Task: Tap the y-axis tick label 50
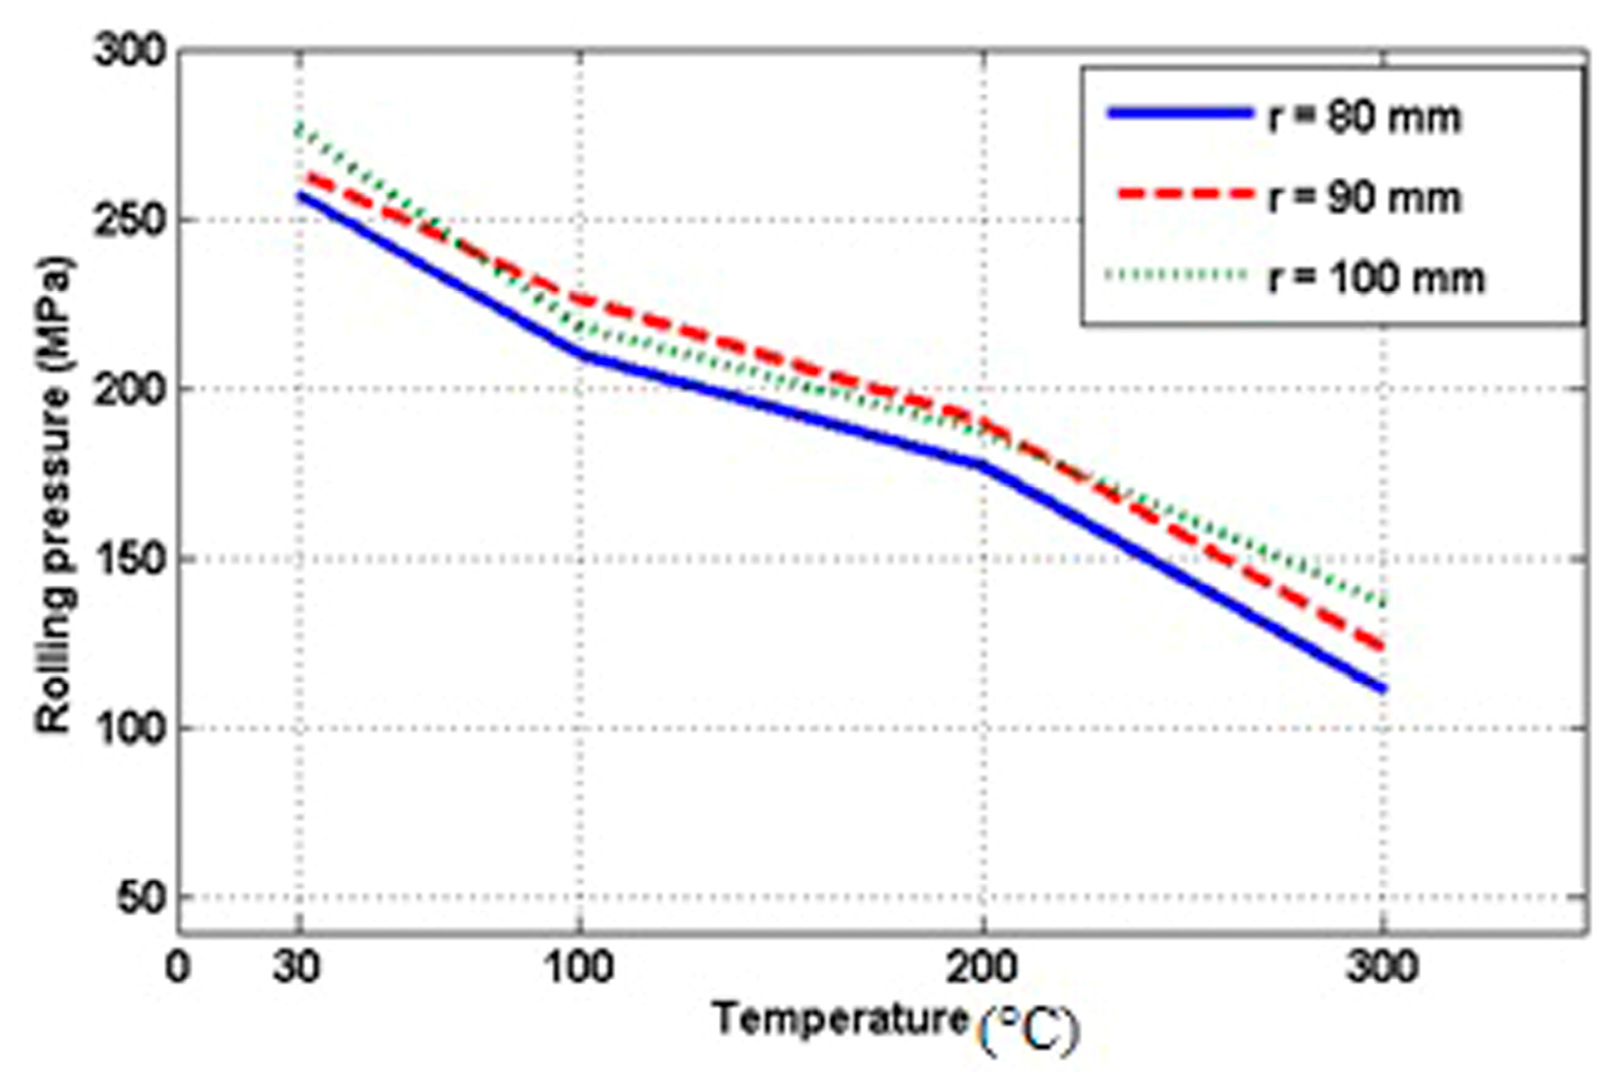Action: [142, 897]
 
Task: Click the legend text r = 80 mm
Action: [1364, 118]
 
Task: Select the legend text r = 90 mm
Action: [1364, 198]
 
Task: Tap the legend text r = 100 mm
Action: [1376, 278]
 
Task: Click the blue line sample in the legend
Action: [1180, 114]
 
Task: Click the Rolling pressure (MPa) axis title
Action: [55, 495]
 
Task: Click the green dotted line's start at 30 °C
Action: [300, 128]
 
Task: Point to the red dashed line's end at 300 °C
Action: [1382, 648]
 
